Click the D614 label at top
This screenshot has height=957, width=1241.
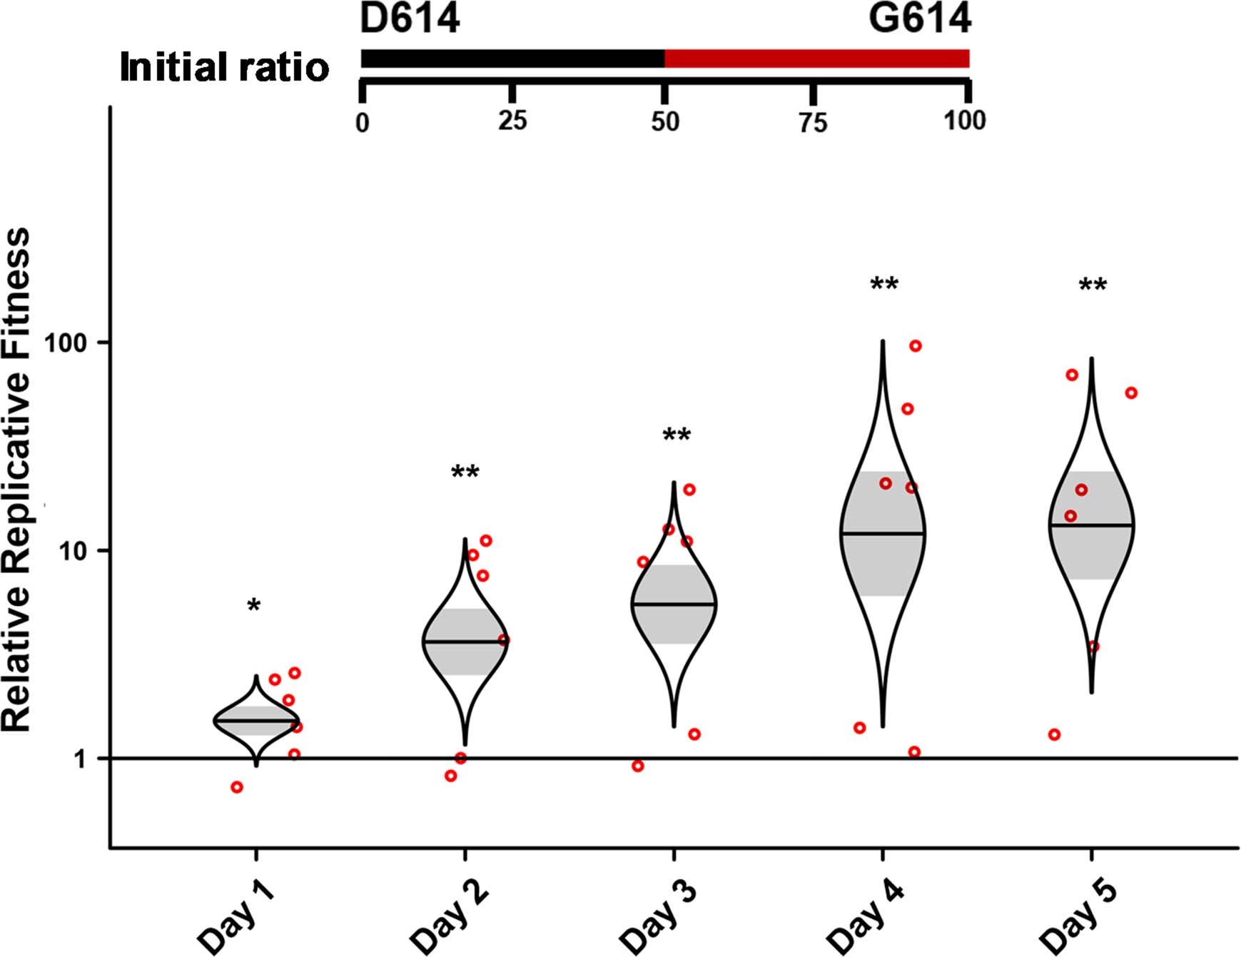tap(410, 19)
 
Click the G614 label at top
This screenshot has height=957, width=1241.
tap(919, 19)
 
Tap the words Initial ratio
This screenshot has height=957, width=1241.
tap(224, 68)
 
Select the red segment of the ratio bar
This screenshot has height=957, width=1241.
tap(816, 59)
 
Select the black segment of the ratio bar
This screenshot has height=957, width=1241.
tap(512, 59)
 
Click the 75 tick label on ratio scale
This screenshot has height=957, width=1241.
tap(813, 123)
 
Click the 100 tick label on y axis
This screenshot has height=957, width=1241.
tap(65, 343)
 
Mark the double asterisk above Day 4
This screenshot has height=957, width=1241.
tap(883, 285)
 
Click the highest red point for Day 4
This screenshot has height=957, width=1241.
tap(916, 346)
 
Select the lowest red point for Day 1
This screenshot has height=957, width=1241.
tap(237, 787)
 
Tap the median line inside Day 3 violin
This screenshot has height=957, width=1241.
tap(674, 604)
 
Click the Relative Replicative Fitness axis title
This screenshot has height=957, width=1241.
tap(17, 480)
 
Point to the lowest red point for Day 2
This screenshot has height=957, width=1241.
tap(450, 776)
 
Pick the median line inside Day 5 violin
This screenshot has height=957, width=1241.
tap(1091, 525)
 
